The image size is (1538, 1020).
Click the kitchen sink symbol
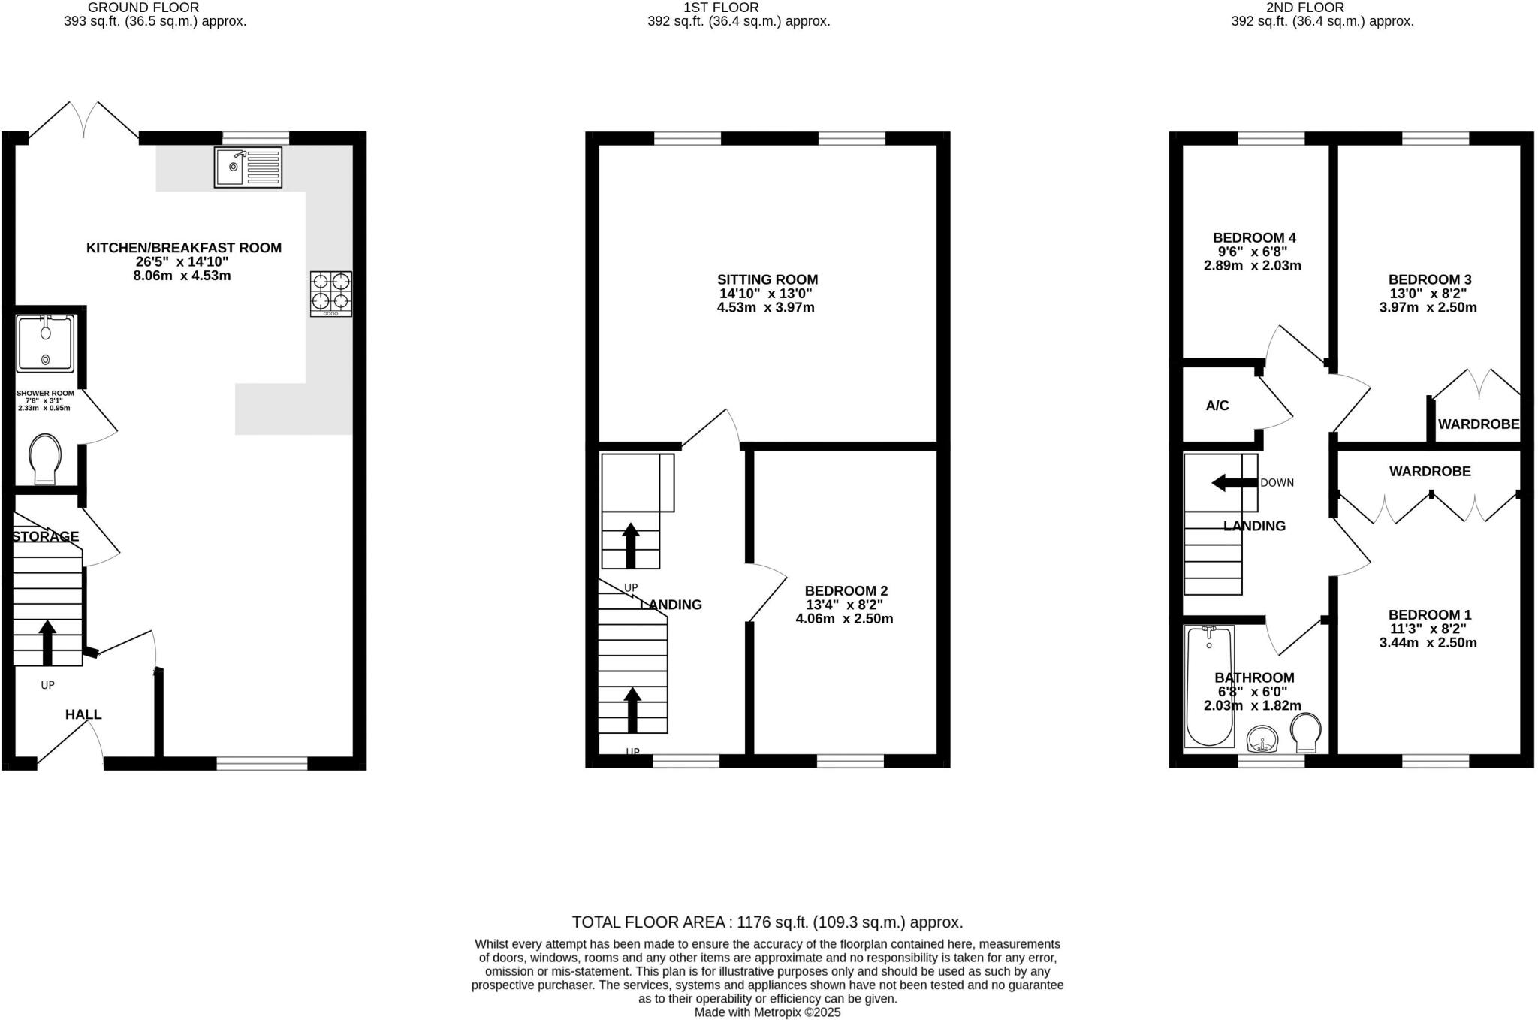248,167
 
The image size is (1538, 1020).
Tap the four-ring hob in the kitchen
330,293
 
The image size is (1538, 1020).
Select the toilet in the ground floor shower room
44,459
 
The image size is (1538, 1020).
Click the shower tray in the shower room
45,344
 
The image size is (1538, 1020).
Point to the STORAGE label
46,536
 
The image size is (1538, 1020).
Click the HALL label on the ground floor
83,714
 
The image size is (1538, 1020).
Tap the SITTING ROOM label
767,279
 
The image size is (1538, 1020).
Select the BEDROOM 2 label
846,591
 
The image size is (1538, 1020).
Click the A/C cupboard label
1217,406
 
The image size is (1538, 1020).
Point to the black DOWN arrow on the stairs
1234,483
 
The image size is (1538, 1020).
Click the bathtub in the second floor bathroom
1208,687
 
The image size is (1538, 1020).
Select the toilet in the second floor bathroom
1306,732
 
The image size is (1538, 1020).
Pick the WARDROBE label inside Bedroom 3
1478,424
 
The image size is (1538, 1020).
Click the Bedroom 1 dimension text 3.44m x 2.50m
1428,643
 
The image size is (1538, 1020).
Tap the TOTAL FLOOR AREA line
767,922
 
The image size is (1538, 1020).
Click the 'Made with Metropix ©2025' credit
767,1012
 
